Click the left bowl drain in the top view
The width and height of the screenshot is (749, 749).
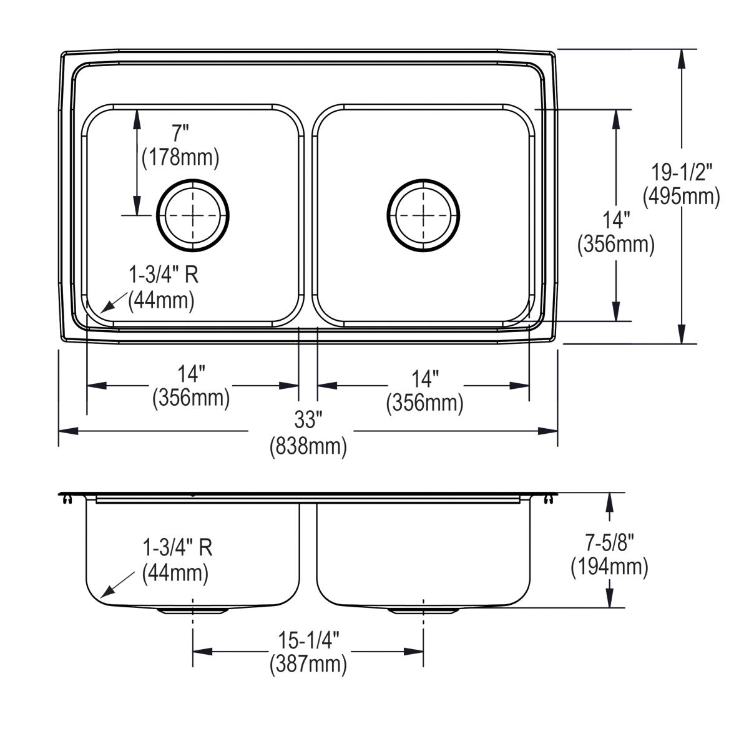[x=193, y=215]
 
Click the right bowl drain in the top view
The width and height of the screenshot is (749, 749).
[x=424, y=215]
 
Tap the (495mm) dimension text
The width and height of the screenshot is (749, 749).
[x=682, y=197]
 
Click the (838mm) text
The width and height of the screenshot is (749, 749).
[x=308, y=447]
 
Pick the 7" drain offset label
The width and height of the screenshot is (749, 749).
[x=180, y=132]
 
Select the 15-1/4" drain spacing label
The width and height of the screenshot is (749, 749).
[x=308, y=639]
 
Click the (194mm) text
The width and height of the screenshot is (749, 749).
[x=609, y=567]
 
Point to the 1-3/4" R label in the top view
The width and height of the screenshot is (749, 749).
[x=164, y=274]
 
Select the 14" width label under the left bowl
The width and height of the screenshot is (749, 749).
[x=191, y=374]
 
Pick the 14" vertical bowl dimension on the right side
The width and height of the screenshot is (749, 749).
[x=616, y=220]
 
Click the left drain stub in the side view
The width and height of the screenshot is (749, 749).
[x=193, y=611]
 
